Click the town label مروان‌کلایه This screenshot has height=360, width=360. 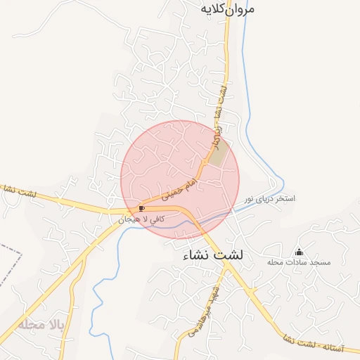227,9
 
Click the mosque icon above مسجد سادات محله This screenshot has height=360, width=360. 299,252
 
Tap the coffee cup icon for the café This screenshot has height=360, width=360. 141,208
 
